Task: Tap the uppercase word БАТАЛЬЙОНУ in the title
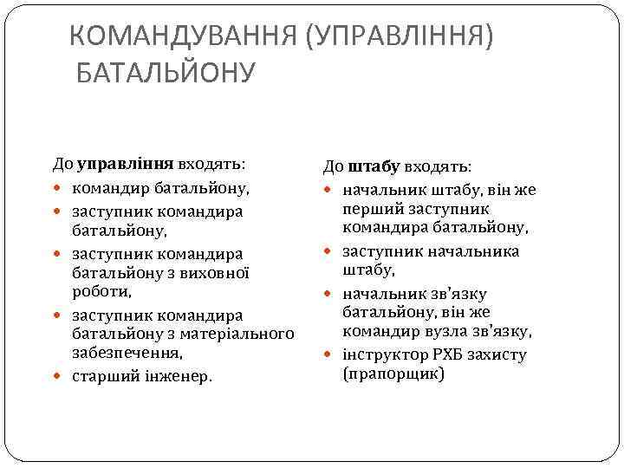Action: pos(166,74)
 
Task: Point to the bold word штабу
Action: pos(374,166)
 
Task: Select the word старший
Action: pos(101,377)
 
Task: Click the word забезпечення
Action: pos(127,354)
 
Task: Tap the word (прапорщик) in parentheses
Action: pos(394,374)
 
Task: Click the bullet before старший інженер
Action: pos(57,377)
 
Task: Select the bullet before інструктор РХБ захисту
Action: pos(328,354)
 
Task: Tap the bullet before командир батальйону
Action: pos(57,187)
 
